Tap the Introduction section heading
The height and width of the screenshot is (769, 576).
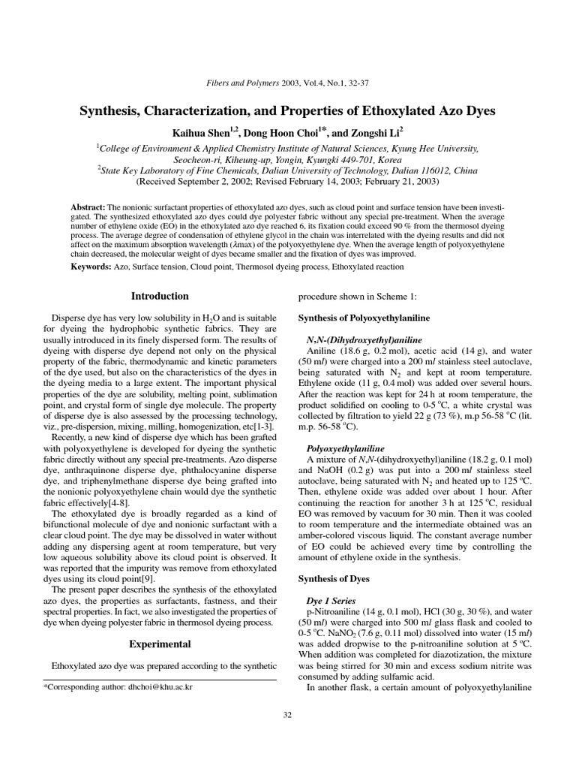coord(160,297)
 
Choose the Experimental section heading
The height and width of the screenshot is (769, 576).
coord(160,644)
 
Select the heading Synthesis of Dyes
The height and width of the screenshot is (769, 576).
coord(331,578)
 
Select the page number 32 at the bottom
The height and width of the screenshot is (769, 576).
coord(287,714)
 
